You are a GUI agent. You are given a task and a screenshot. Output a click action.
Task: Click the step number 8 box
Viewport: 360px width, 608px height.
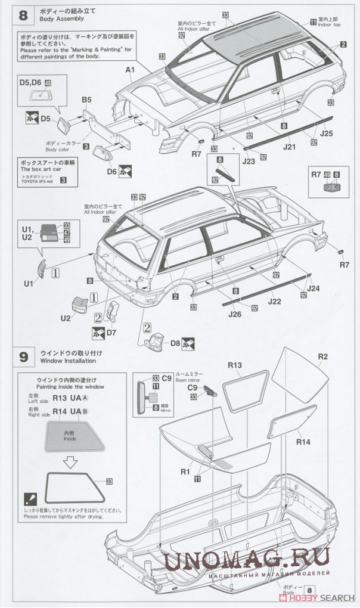[x=23, y=15]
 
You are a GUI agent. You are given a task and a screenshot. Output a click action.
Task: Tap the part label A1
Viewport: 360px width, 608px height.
[x=130, y=70]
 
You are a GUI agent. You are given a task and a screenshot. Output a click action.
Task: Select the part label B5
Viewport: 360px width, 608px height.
[x=86, y=100]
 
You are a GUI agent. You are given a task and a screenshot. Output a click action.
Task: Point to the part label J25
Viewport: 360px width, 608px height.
[x=326, y=134]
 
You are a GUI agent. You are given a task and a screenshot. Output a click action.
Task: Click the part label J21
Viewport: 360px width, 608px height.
[x=290, y=146]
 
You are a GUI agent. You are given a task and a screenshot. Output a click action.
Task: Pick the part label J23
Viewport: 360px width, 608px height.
[x=247, y=160]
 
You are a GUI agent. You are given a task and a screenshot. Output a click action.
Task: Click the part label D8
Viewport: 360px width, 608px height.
[x=175, y=343]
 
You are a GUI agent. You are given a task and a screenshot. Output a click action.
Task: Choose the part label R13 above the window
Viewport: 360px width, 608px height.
[x=234, y=364]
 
